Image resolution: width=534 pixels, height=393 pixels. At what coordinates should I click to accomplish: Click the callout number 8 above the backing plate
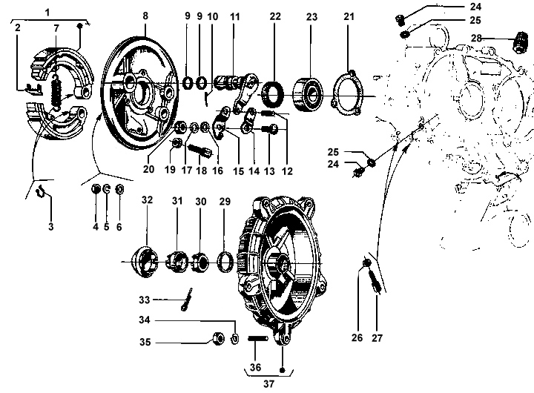point(145,16)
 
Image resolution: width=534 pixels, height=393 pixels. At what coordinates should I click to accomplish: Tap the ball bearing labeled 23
point(308,94)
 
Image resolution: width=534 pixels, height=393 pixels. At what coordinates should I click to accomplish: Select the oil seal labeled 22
point(272,94)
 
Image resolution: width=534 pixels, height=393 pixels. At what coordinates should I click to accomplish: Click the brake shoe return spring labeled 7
point(56,92)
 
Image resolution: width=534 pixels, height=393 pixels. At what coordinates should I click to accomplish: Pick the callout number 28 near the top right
point(476,38)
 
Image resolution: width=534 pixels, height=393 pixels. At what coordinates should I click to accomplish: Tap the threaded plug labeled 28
point(519,42)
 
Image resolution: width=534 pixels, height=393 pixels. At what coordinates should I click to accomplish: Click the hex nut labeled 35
point(218,339)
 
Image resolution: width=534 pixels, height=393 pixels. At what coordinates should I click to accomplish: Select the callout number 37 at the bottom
point(268,384)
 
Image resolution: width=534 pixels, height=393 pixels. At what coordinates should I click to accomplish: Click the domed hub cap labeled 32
point(145,262)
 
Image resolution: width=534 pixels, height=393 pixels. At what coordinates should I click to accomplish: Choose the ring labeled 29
point(225,262)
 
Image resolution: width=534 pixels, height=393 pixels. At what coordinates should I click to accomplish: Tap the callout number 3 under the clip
point(50,226)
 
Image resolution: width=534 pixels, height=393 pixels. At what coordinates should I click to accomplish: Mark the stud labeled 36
point(258,339)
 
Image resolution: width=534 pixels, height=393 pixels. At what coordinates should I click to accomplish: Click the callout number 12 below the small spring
point(287,171)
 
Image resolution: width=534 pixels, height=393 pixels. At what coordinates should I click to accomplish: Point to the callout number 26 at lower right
point(357,337)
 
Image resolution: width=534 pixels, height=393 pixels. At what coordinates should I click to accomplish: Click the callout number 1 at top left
point(47,13)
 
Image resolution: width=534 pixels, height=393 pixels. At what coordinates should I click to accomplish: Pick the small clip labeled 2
point(34,89)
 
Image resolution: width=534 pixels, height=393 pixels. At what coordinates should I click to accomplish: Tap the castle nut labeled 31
point(177,262)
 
